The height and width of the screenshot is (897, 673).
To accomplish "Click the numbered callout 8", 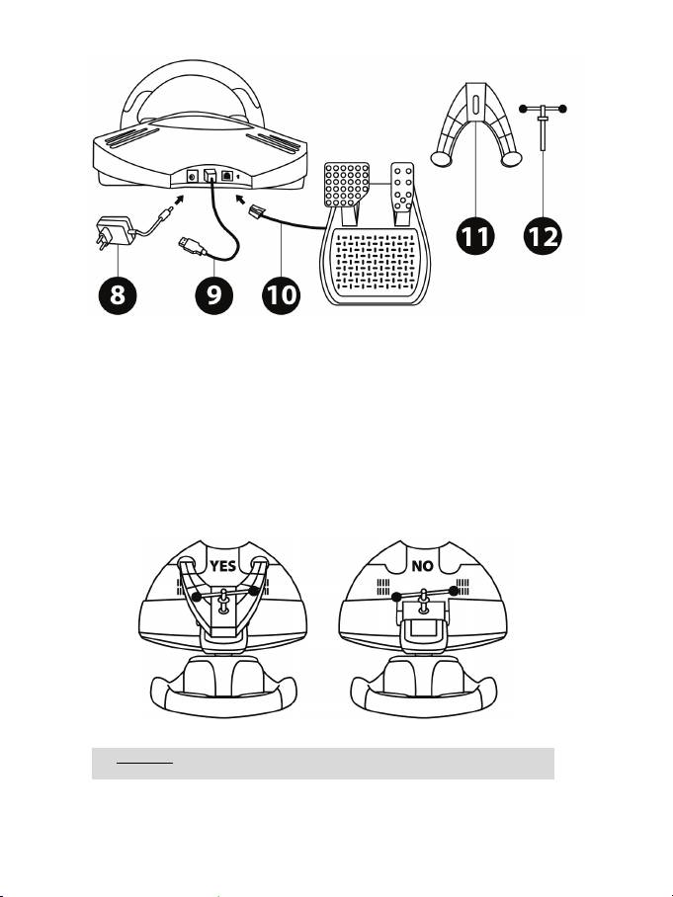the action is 118,295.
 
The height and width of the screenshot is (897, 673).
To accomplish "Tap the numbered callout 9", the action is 214,295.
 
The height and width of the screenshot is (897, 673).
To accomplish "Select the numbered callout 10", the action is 282,295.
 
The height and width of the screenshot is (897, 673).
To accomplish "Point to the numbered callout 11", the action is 476,236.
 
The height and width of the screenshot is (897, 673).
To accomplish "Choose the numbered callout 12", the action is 544,236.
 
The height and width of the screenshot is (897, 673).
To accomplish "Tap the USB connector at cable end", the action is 191,247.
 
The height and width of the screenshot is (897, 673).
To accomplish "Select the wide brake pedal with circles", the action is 347,184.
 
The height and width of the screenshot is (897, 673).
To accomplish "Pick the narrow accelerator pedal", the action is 403,187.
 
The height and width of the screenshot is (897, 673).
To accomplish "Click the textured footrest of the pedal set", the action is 376,260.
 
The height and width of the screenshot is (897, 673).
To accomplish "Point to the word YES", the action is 222,566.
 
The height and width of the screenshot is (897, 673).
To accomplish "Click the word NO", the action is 422,566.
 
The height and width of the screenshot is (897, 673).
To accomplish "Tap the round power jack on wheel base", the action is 193,176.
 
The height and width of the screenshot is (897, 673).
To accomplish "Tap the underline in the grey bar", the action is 144,763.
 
